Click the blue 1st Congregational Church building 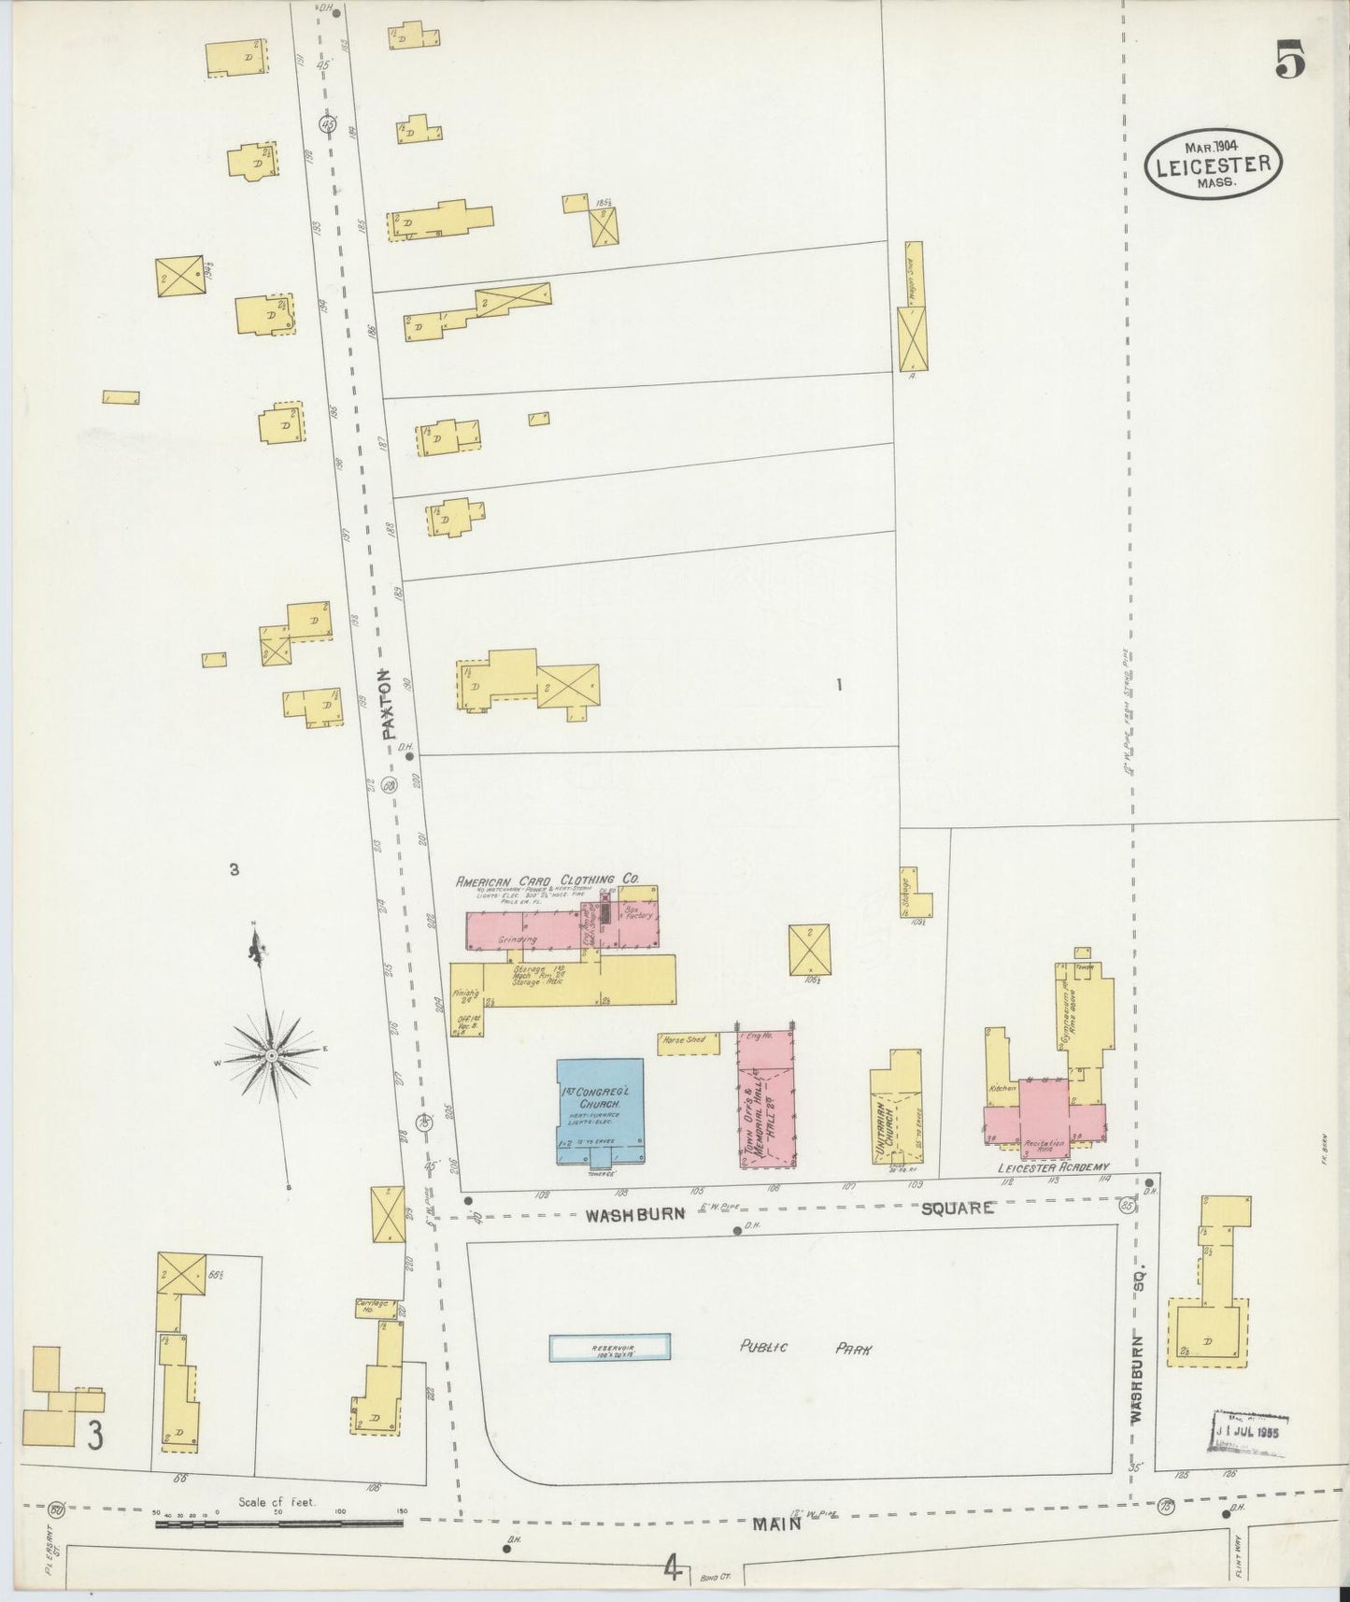click(600, 1109)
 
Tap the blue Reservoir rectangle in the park click(609, 1347)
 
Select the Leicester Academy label click(1052, 1167)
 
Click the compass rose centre click(271, 1055)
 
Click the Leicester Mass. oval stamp click(1214, 163)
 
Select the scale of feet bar click(279, 1523)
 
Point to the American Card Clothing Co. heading click(547, 880)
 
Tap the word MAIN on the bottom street click(777, 1523)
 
